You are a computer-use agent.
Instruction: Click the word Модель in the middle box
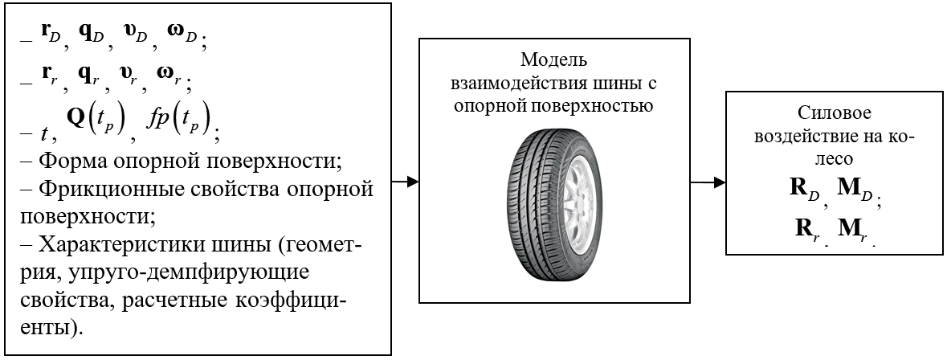click(x=554, y=60)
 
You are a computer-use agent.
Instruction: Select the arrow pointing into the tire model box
click(x=406, y=182)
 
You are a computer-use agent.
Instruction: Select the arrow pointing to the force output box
click(x=708, y=182)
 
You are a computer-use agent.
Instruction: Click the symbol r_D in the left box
click(x=51, y=35)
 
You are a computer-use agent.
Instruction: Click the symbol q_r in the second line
click(x=89, y=75)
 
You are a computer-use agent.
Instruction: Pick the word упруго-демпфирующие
click(x=189, y=273)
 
